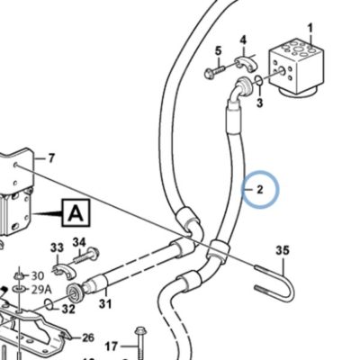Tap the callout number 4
click(243, 40)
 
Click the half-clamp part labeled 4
click(247, 62)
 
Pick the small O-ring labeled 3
click(259, 80)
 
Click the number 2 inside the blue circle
click(260, 189)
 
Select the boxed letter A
click(76, 213)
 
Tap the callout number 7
click(51, 158)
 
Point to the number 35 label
click(283, 250)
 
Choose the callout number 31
click(105, 303)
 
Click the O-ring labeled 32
click(49, 304)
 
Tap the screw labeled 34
click(86, 256)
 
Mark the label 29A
click(41, 290)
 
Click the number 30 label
click(38, 275)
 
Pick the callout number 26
click(88, 338)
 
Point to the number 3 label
click(260, 103)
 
